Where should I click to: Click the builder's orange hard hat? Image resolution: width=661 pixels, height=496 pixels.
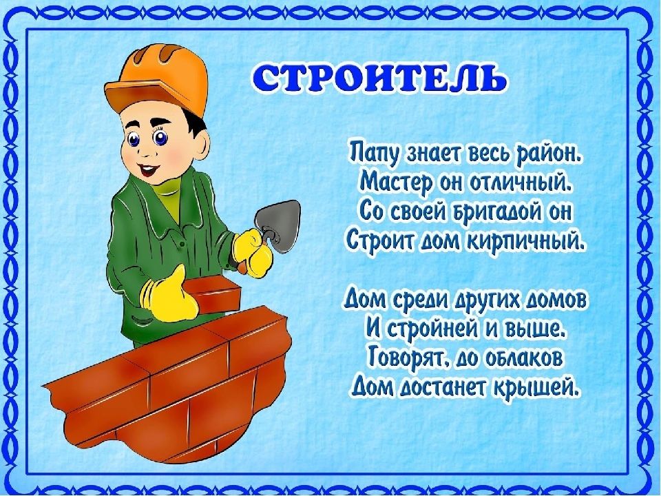[x=157, y=78]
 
